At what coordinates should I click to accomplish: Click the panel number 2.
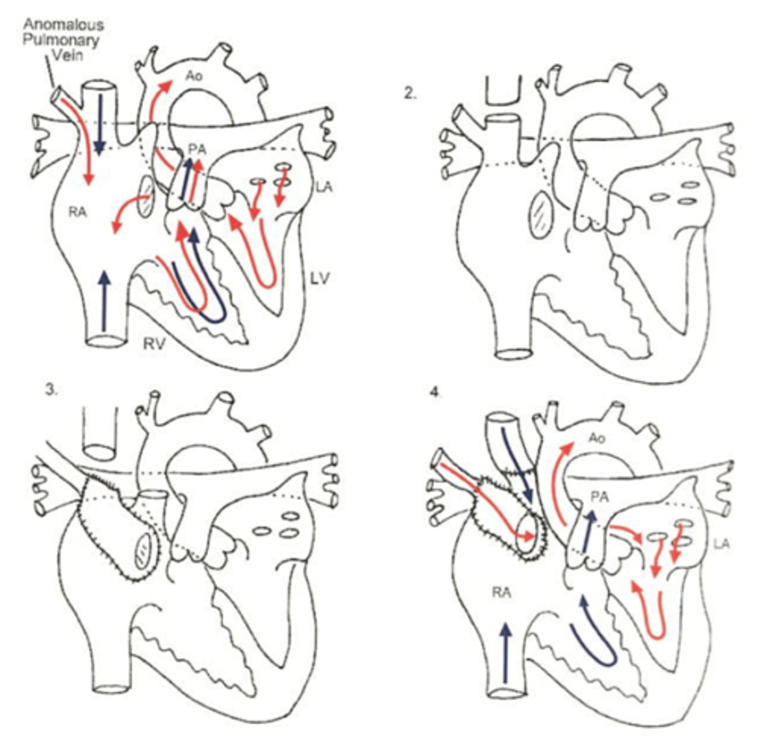click(408, 94)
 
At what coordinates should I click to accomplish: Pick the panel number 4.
click(435, 393)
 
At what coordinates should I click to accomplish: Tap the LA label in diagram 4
click(722, 543)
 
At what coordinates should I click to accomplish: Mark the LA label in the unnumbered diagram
click(325, 186)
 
